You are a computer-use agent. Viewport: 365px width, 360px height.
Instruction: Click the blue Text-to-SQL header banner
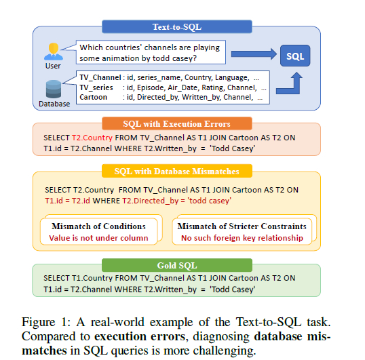point(177,26)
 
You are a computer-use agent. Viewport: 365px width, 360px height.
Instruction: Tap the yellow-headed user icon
point(54,52)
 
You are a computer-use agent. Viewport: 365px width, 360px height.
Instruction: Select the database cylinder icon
point(54,89)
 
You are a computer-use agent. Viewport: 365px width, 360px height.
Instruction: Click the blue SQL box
point(295,56)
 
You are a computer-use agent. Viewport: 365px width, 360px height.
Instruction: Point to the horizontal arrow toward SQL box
point(254,54)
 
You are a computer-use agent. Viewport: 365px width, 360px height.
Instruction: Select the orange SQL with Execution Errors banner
point(177,123)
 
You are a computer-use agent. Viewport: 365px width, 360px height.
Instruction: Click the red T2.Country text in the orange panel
point(92,138)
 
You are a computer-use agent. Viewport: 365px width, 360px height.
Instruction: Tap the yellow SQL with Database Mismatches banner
point(177,171)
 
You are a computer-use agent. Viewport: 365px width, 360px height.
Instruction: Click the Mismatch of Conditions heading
point(98,226)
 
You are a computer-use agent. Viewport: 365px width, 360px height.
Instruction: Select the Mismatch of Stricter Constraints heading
point(242,226)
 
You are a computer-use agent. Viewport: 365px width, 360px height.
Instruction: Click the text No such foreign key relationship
point(242,238)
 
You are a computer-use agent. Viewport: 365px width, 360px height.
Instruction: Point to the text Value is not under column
point(98,238)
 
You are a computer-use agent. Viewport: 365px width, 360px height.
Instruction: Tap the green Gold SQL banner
point(177,265)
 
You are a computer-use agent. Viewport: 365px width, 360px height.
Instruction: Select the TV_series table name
point(96,87)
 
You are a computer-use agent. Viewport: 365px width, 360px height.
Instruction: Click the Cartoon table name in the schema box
point(94,97)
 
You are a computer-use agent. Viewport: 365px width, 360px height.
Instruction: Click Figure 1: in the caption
point(46,322)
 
